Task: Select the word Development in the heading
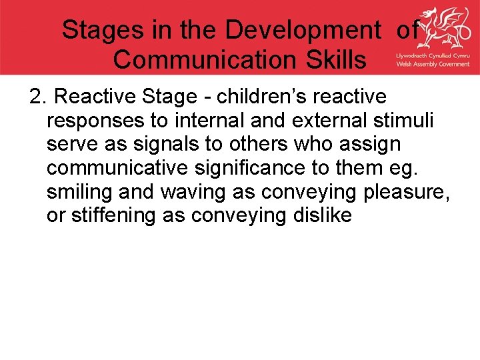tap(305, 30)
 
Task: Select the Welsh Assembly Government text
tap(433, 64)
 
